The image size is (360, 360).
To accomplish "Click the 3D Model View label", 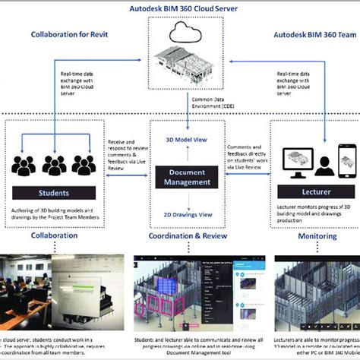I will click(180, 140).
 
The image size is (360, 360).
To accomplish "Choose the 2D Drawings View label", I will click(180, 214).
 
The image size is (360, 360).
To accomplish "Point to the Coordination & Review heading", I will click(180, 236).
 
